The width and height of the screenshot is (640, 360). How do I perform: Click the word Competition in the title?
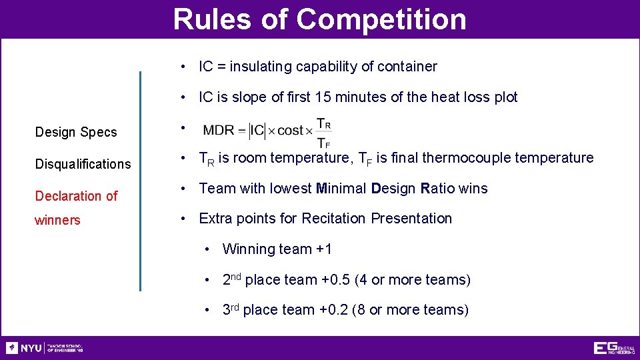coord(381,19)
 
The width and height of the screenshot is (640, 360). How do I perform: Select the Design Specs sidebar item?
coord(75,132)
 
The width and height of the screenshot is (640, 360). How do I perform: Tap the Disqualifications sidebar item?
coord(83,164)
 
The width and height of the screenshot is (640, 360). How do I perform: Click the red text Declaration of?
coord(76,196)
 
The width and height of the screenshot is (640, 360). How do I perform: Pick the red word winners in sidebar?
coord(57,220)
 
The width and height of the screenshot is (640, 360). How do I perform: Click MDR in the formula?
coord(219,131)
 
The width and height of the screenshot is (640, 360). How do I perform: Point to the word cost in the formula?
coord(290,131)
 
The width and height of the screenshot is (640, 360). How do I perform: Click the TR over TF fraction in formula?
coord(323,133)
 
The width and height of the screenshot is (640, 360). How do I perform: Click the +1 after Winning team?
coord(323,249)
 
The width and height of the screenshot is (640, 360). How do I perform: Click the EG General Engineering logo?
coord(613,348)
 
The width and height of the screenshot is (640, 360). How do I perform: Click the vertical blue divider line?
coord(140,180)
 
